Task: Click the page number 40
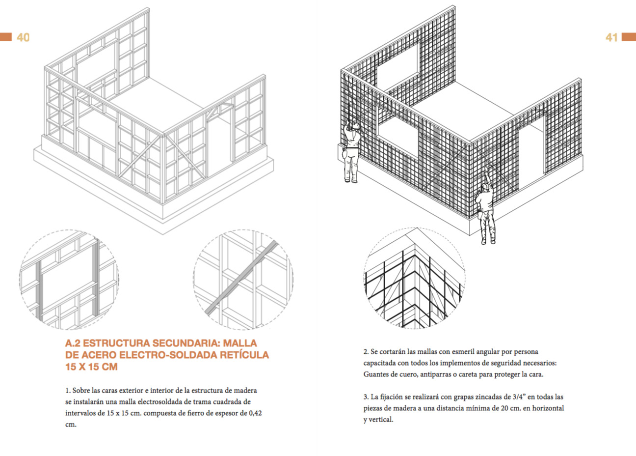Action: [x=23, y=37]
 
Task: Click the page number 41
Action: [x=611, y=37]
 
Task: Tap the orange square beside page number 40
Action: [x=6, y=37]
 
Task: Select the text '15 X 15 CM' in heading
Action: [x=91, y=367]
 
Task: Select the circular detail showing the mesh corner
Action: [x=415, y=278]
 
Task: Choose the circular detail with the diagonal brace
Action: [x=243, y=278]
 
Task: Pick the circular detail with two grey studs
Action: [x=69, y=279]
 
